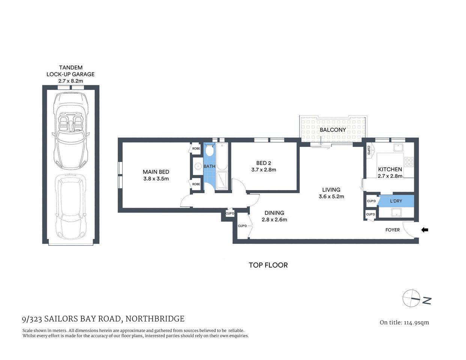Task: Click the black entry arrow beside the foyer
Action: [x=425, y=230]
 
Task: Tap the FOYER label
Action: [x=392, y=230]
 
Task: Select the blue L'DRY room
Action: [x=396, y=201]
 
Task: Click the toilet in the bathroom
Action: [x=209, y=151]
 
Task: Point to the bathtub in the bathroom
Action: [x=222, y=156]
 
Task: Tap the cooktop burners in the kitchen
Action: [x=409, y=162]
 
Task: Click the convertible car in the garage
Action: [x=71, y=131]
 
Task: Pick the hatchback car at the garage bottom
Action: [x=71, y=208]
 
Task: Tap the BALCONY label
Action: [x=333, y=130]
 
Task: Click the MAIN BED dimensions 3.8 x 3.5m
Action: [x=156, y=179]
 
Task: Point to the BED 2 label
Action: [x=263, y=163]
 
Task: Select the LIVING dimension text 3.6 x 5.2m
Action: [x=331, y=196]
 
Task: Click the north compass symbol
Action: [x=412, y=298]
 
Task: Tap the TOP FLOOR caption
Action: [x=268, y=265]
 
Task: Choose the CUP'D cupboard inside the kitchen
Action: [x=369, y=150]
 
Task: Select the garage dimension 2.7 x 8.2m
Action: [x=71, y=81]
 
